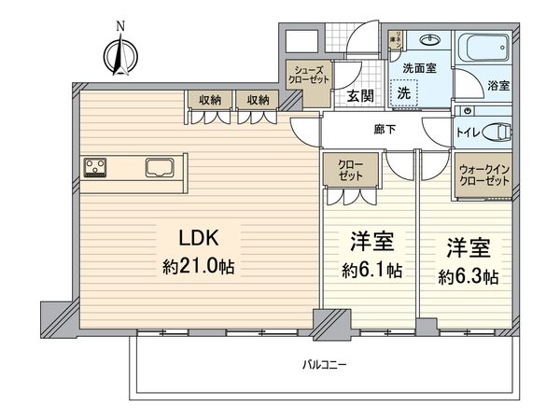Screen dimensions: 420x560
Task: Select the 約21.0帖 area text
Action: (201, 267)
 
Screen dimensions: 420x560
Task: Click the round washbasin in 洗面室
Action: (430, 41)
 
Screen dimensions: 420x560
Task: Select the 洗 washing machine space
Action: (404, 92)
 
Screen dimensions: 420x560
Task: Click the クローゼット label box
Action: (352, 172)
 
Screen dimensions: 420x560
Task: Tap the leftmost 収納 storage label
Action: (209, 99)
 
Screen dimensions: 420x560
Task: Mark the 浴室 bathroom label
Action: (497, 85)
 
